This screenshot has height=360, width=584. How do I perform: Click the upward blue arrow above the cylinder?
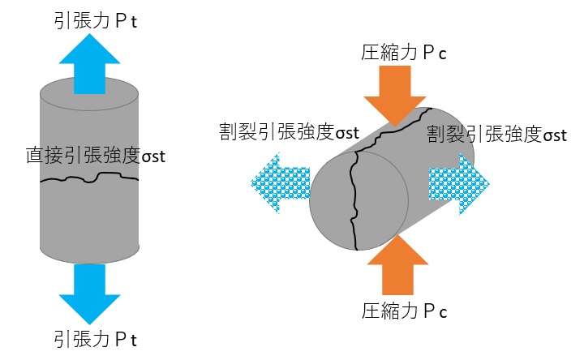[89, 66]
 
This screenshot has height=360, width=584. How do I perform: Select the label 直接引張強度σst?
[96, 156]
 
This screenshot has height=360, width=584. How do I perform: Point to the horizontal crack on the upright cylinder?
[89, 178]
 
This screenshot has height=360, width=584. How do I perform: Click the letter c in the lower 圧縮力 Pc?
[444, 311]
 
